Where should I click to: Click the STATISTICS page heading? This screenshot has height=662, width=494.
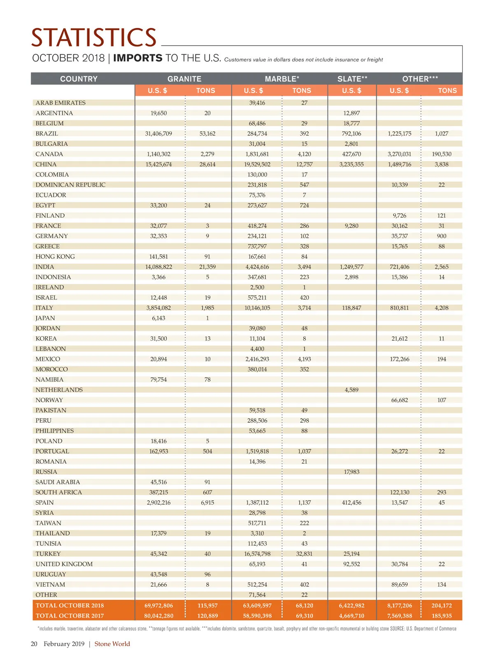(x=94, y=38)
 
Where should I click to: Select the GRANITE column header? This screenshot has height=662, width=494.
(x=184, y=79)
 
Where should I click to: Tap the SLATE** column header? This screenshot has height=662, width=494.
(x=352, y=79)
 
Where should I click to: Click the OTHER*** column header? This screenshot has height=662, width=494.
(x=420, y=79)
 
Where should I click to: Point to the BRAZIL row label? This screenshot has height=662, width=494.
(x=47, y=134)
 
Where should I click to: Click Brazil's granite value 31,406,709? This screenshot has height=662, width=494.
(x=158, y=134)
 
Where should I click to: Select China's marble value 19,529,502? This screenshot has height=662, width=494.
(x=257, y=164)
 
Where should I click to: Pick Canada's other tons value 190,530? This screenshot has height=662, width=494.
(x=441, y=154)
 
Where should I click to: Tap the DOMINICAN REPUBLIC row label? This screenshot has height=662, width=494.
(x=70, y=185)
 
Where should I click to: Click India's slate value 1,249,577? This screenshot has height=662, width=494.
(x=352, y=267)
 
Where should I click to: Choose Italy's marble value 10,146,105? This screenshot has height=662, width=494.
(x=257, y=308)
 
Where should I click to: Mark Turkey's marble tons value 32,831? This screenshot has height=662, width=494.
(x=304, y=554)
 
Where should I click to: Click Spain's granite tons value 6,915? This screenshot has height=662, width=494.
(x=207, y=502)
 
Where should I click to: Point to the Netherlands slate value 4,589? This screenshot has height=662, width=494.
(x=352, y=390)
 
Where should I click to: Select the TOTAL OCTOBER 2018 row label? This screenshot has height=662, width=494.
(x=70, y=606)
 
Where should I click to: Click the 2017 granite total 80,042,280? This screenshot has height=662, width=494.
(x=158, y=616)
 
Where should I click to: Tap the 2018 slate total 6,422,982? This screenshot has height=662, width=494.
(x=352, y=606)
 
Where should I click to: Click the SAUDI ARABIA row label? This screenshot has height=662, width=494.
(x=58, y=482)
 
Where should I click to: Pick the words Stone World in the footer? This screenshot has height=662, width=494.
(x=112, y=644)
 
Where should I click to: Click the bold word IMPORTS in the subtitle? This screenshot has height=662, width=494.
(x=138, y=58)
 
